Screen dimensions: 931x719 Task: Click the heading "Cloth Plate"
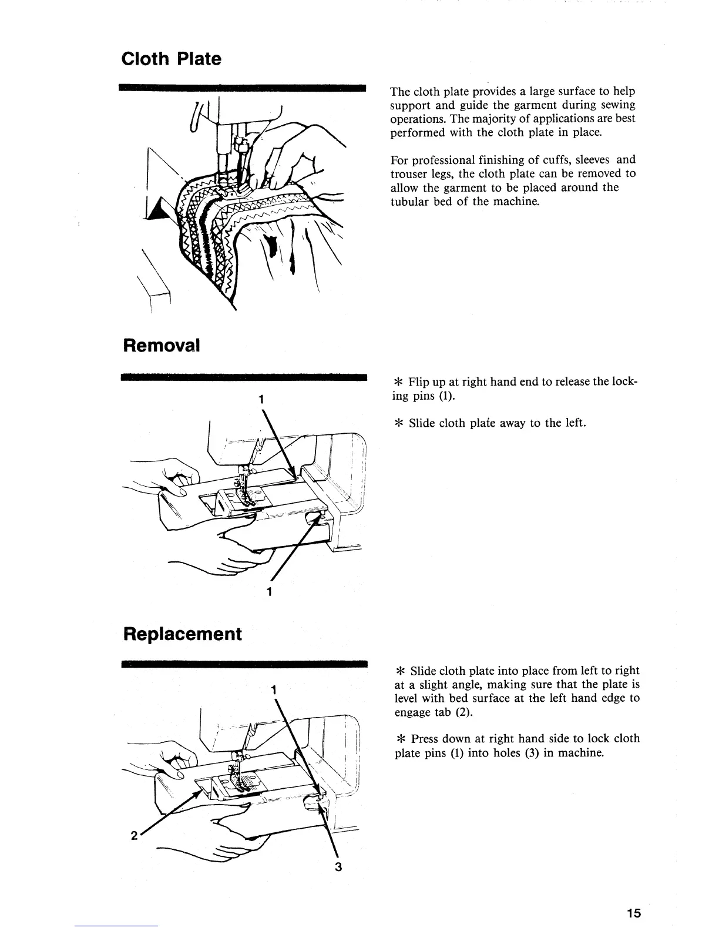pos(171,59)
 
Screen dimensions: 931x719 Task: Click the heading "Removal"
pos(161,345)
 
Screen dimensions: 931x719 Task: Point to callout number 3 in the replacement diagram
pos(338,867)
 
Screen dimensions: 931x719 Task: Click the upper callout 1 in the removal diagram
pos(259,398)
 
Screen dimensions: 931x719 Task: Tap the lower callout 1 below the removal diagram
pos(268,591)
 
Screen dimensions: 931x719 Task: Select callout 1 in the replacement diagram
pos(274,689)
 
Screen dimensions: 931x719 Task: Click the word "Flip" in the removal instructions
pos(419,382)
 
